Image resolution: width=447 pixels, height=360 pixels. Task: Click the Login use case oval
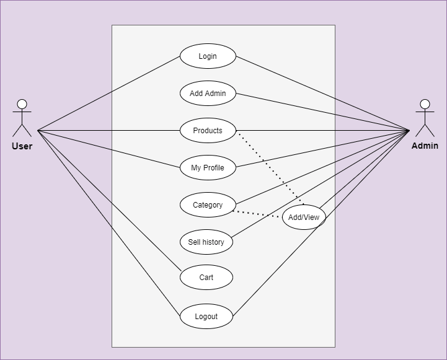(208, 56)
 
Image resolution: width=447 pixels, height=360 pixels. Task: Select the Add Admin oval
(208, 93)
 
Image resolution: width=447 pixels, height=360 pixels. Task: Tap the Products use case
(208, 131)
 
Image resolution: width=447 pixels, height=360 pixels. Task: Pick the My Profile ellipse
(208, 167)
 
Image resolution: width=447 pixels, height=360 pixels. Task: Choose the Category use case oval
(208, 204)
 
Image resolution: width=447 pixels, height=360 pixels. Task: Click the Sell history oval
(206, 242)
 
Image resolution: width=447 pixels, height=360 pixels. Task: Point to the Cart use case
(206, 277)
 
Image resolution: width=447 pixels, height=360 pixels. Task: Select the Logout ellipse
(206, 316)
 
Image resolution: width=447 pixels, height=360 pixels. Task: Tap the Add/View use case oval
(304, 217)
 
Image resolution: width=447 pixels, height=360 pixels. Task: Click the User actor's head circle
(22, 104)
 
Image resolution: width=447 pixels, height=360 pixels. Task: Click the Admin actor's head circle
(425, 104)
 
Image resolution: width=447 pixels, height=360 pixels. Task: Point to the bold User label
(22, 146)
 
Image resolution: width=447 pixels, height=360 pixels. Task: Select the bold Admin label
(425, 146)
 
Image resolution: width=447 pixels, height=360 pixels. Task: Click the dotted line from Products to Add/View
(271, 169)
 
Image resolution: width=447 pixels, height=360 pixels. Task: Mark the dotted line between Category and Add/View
(257, 214)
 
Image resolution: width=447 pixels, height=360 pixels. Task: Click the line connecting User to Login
(108, 94)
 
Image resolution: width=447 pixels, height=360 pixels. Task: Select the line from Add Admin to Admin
(323, 112)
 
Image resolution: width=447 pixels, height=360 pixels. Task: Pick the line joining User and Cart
(110, 201)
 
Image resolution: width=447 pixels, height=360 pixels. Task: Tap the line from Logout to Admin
(321, 223)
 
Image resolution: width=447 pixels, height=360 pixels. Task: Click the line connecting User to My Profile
(108, 149)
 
